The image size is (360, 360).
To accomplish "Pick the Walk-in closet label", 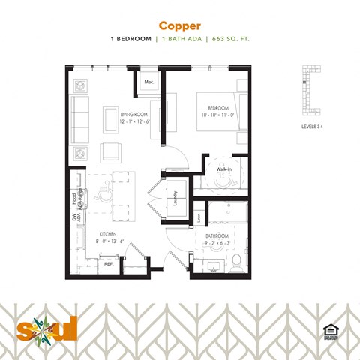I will point(223,169).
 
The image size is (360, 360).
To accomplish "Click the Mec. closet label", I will point(148,81).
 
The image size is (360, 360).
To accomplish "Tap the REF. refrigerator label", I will point(108,264).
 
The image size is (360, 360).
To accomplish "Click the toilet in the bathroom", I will point(236,262).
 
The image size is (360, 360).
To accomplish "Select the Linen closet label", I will point(199,217).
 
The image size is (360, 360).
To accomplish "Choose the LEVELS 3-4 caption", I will point(312,128).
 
